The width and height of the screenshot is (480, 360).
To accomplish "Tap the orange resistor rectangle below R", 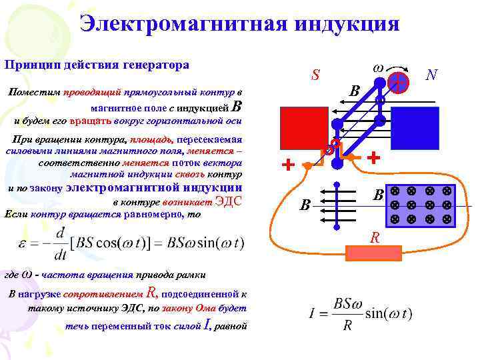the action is pos(373,253).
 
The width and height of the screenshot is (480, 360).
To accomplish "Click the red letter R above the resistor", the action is pos(375,237).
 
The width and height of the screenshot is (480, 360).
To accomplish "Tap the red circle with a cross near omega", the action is pos(398,81).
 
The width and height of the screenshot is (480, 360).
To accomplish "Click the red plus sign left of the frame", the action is pos(288,165).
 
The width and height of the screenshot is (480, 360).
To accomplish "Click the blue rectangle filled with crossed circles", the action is pos(421,205).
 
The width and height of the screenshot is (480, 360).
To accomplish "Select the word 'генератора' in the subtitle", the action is pos(157,65).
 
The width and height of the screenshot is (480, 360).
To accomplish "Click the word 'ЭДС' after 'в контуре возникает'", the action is pos(229,202).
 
